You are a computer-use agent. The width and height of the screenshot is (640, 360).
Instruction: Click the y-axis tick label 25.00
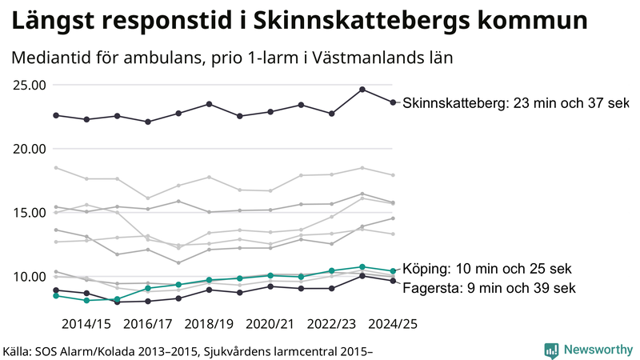(x=28, y=85)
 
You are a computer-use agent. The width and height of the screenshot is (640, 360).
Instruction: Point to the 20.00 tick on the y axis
(x=28, y=149)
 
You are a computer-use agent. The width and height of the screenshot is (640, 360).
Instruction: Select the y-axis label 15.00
(x=28, y=213)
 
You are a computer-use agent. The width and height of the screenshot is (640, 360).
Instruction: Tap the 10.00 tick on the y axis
(x=28, y=277)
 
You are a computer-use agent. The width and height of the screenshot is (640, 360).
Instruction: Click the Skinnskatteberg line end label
(x=516, y=103)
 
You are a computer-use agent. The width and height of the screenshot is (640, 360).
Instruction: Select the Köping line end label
(x=489, y=269)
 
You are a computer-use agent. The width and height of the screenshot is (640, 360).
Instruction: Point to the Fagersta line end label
(x=489, y=287)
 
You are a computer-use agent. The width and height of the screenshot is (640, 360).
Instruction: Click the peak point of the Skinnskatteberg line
(x=362, y=90)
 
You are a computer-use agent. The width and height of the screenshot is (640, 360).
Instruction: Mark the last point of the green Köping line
(x=392, y=271)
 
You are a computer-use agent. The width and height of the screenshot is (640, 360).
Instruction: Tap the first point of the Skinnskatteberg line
(x=56, y=115)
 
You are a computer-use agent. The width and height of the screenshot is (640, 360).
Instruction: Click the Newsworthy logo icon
(x=551, y=350)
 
